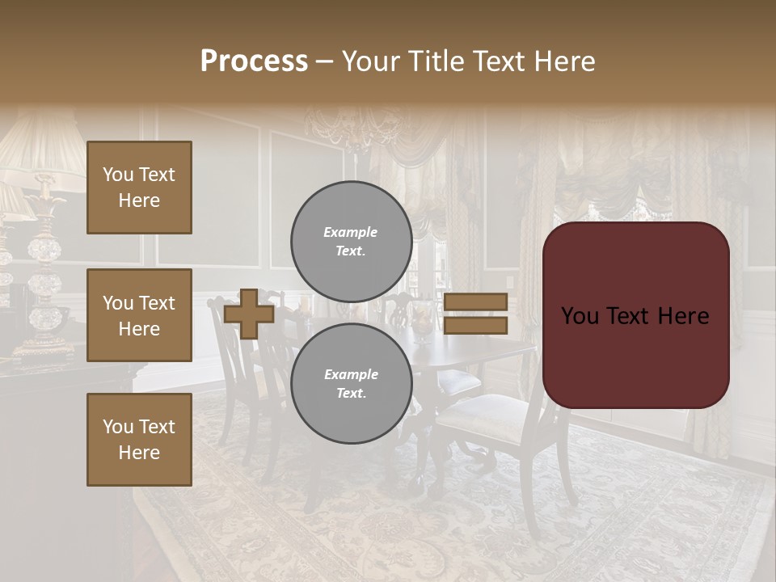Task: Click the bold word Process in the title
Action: coord(254,61)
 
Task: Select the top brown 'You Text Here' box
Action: coord(139,188)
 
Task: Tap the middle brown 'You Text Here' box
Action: coord(139,315)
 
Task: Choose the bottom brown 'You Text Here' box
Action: coord(139,440)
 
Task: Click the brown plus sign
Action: coord(249,314)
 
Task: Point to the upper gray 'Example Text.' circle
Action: coord(351,242)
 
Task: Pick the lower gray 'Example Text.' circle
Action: coord(351,384)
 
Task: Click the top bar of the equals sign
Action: coord(475,302)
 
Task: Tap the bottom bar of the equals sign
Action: coord(475,326)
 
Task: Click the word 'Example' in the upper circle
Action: coord(351,232)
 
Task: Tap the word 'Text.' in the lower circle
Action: coord(351,394)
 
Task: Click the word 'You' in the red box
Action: coord(580,316)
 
